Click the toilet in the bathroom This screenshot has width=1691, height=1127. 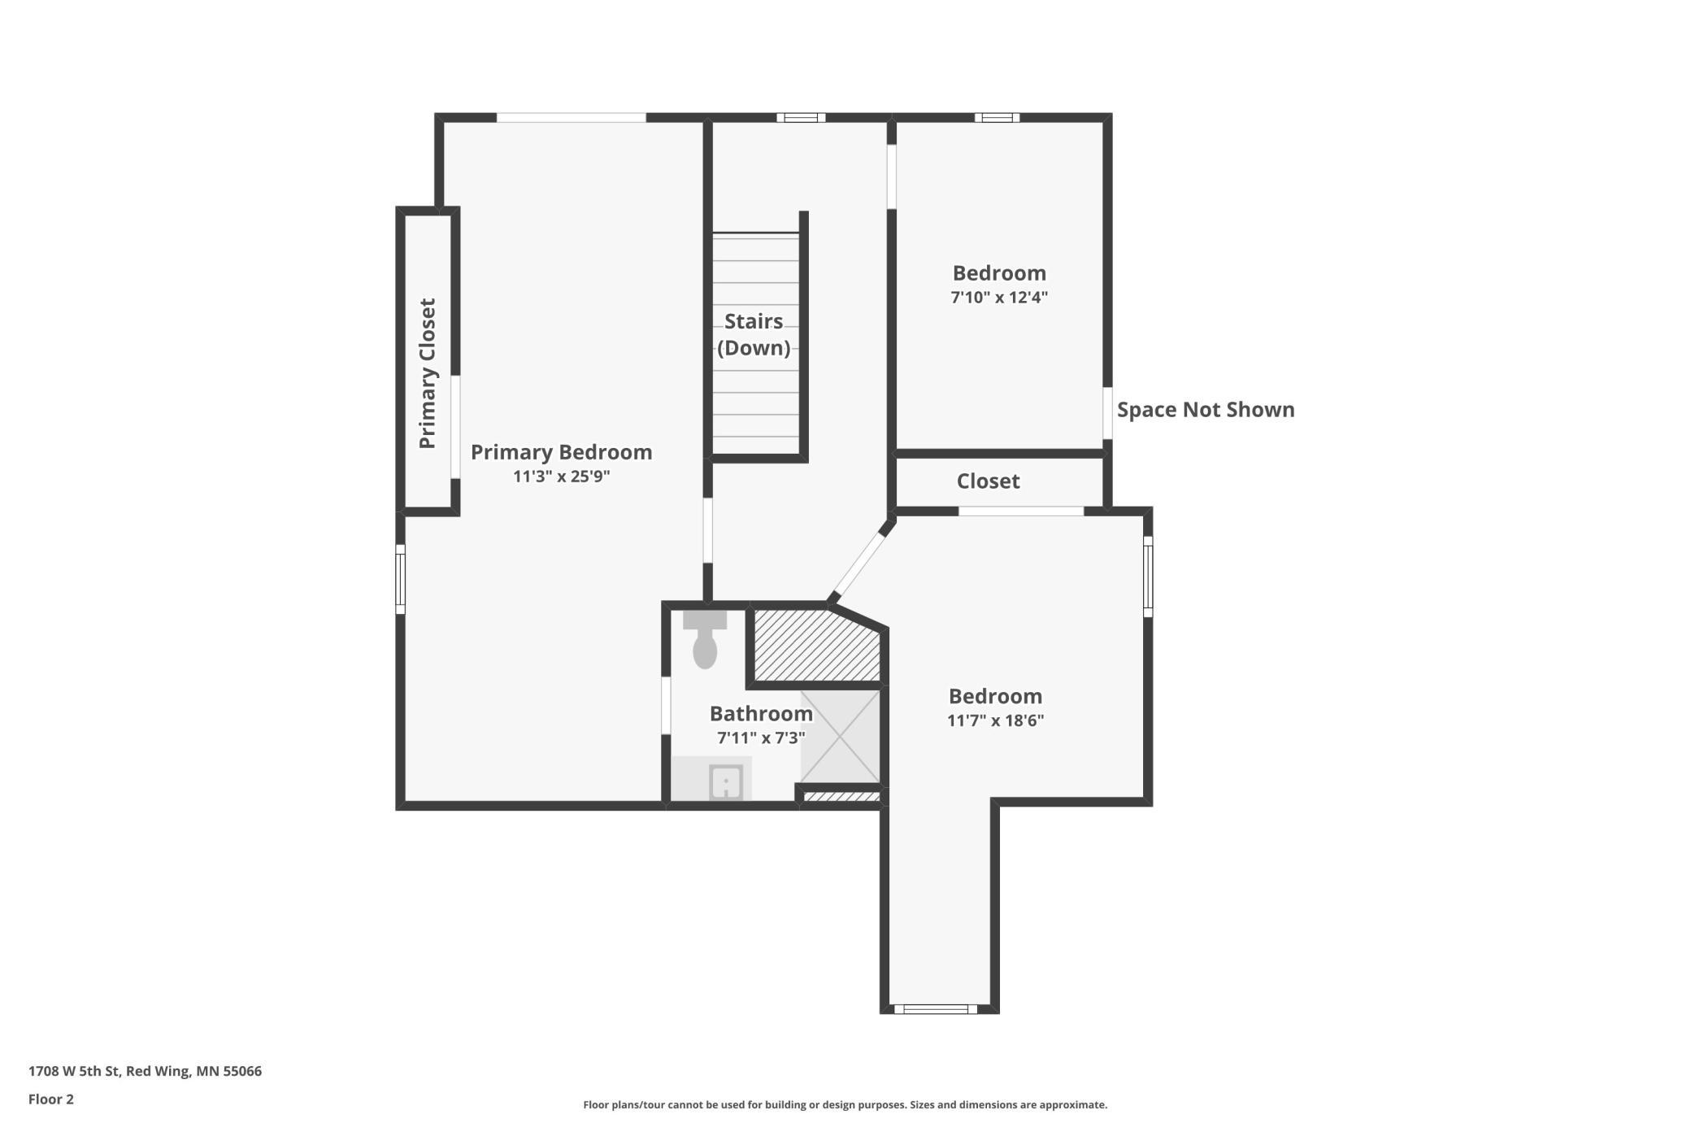coord(705,640)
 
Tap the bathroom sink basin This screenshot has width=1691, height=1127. coord(725,782)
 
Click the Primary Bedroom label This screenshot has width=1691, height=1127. coord(561,452)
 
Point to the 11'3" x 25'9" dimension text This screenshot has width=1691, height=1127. coord(561,476)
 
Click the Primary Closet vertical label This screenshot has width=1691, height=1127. coord(428,373)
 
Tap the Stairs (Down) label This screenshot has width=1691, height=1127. coord(754,334)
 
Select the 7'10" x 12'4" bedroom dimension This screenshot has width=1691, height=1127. coord(999,298)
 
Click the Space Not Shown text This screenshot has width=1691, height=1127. coord(1206,410)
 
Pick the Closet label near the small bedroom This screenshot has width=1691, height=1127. coord(988,481)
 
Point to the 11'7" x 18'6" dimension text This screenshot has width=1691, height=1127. coord(995,720)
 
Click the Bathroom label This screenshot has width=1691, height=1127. coord(761,714)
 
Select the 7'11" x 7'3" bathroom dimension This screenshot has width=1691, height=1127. coord(761,738)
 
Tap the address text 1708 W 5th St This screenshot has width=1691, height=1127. coord(75,1071)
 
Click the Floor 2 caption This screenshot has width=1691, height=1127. coord(51,1099)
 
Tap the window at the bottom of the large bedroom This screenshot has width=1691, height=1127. coord(936,1009)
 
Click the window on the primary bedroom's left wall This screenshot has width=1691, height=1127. coord(400,579)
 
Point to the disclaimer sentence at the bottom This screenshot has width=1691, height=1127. coord(845,1105)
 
